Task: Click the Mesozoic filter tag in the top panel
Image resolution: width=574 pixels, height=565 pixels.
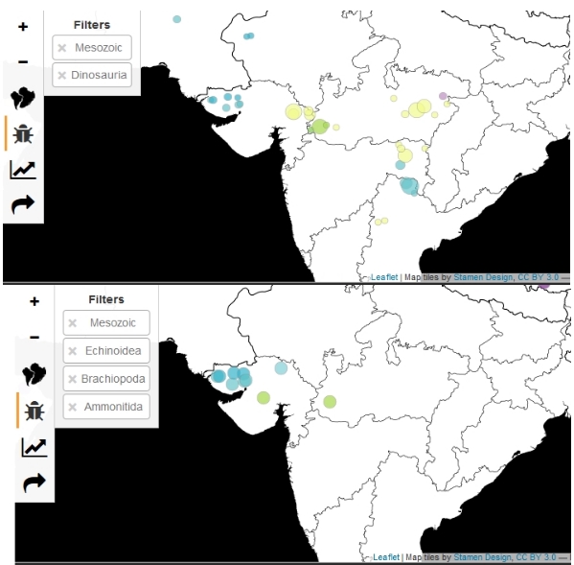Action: pos(91,47)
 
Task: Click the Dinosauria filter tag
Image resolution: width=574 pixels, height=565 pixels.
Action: pos(91,75)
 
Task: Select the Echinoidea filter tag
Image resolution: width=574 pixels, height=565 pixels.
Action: pos(106,351)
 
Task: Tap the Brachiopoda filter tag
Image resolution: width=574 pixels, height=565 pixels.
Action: pos(106,379)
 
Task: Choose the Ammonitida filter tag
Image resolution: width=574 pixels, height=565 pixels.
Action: pos(106,407)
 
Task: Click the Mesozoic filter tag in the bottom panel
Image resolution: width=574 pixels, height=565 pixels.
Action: pos(106,323)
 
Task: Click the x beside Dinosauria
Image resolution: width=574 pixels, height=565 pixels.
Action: pos(61,75)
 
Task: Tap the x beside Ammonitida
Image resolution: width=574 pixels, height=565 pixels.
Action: pos(72,407)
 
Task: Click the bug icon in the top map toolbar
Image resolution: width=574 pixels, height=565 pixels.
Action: pos(22,133)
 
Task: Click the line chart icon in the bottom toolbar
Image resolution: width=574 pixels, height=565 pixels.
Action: pos(34,447)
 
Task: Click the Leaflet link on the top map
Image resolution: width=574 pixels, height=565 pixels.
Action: pos(384,276)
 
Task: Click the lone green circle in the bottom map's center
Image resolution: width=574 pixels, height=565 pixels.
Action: pos(330,401)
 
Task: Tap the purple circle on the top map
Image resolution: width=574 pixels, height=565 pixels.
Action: pos(443,95)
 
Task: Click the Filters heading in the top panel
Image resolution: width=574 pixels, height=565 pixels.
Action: pos(91,25)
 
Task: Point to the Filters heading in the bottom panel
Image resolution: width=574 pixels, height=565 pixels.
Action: pos(106,299)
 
